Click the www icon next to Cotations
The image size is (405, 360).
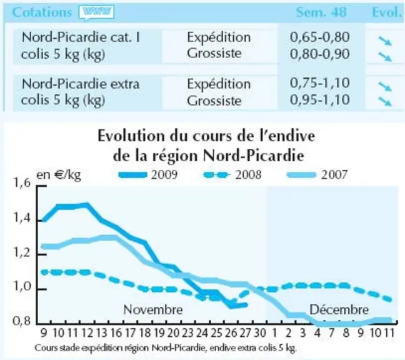(x=97, y=12)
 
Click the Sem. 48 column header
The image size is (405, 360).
(x=321, y=12)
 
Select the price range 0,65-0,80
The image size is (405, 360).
(x=320, y=37)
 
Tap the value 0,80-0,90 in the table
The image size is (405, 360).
(x=320, y=54)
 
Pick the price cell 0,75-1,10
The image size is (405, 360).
(x=320, y=83)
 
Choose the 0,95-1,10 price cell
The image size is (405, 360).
(x=320, y=99)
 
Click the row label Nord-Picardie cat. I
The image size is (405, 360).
(x=81, y=37)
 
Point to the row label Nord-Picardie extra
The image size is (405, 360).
(x=81, y=84)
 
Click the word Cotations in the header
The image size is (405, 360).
(x=42, y=12)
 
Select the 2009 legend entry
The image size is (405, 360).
(x=148, y=175)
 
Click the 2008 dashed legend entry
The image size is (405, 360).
(x=232, y=175)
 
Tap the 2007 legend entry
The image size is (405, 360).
(x=317, y=175)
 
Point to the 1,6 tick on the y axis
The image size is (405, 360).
(x=22, y=183)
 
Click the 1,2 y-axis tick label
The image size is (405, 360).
(x=22, y=252)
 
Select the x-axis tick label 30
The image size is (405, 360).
(x=259, y=333)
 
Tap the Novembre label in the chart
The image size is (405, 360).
(x=153, y=309)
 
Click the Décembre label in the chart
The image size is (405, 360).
(x=339, y=309)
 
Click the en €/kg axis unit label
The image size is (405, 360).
(x=59, y=175)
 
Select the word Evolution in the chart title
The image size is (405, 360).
(x=131, y=136)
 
